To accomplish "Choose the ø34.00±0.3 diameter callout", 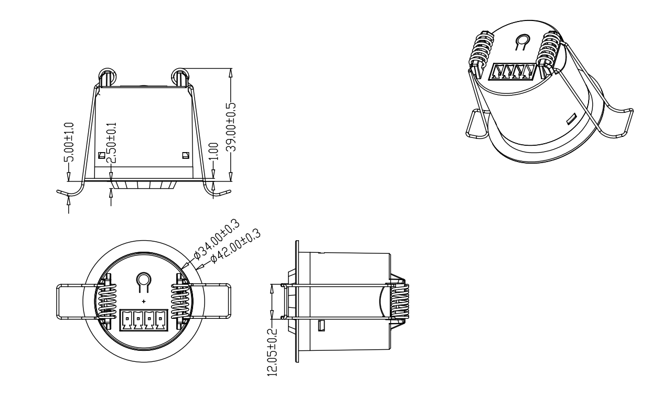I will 216,240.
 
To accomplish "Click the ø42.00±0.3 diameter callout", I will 236,246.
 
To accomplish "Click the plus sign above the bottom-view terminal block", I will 144,302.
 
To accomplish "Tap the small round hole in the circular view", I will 143,282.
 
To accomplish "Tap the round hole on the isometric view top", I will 521,41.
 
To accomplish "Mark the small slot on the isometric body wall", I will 570,120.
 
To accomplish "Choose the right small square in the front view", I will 185,155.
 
